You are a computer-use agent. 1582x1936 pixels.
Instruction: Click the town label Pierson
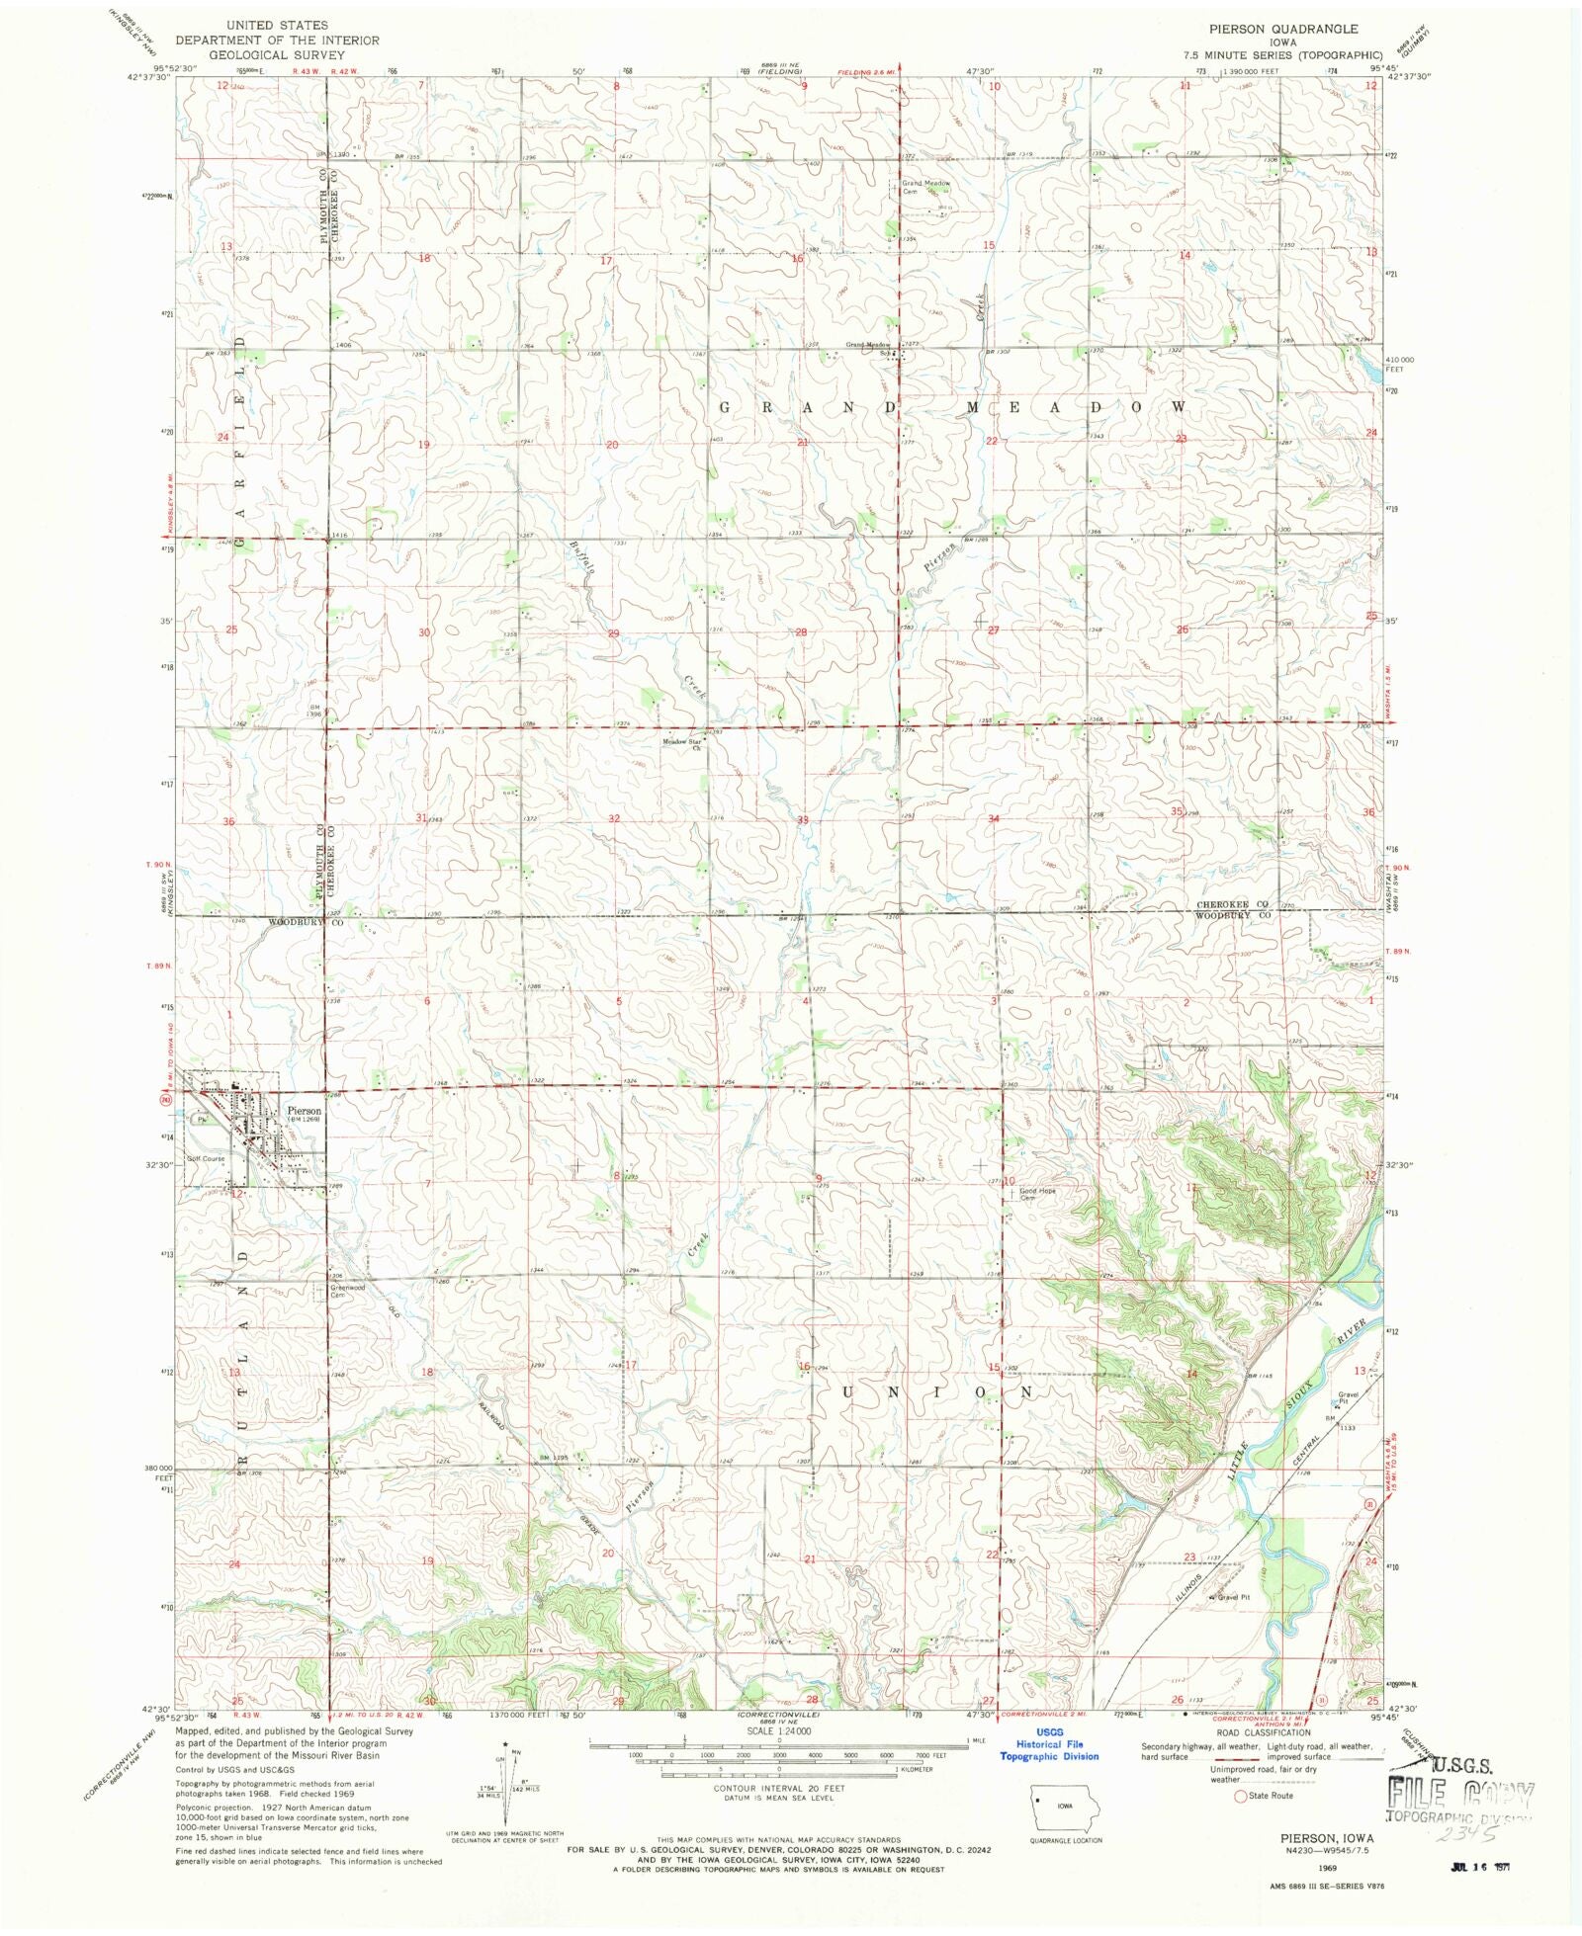coord(305,1110)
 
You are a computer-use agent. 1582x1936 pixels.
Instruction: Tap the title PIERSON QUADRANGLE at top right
coord(1282,29)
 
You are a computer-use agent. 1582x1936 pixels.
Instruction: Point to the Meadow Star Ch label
coord(681,744)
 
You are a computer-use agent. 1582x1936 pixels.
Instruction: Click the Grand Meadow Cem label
coord(924,187)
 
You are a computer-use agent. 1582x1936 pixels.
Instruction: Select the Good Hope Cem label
coord(1038,1194)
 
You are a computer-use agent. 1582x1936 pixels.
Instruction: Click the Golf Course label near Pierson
coord(207,1158)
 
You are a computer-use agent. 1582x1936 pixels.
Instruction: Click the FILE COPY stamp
coord(1461,1793)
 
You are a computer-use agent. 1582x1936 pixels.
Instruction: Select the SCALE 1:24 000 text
coord(778,1730)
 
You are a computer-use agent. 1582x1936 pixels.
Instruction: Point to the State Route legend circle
coord(1241,1796)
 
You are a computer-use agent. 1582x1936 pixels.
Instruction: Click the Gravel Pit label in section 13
coord(1349,1397)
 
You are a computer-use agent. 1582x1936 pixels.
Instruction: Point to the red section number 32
coord(614,818)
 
